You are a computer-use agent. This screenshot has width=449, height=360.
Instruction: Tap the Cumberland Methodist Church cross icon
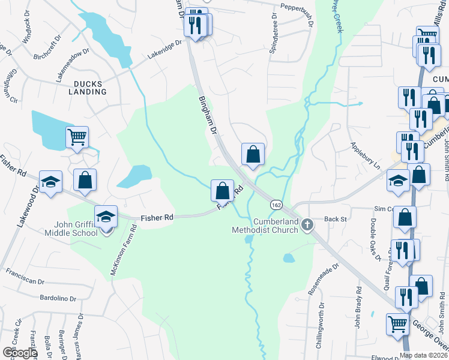307,225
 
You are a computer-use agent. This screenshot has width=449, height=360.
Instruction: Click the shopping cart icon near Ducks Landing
77,137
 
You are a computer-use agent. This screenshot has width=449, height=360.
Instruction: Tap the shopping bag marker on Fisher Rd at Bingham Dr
222,190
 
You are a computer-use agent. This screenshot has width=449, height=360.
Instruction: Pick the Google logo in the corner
19,353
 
